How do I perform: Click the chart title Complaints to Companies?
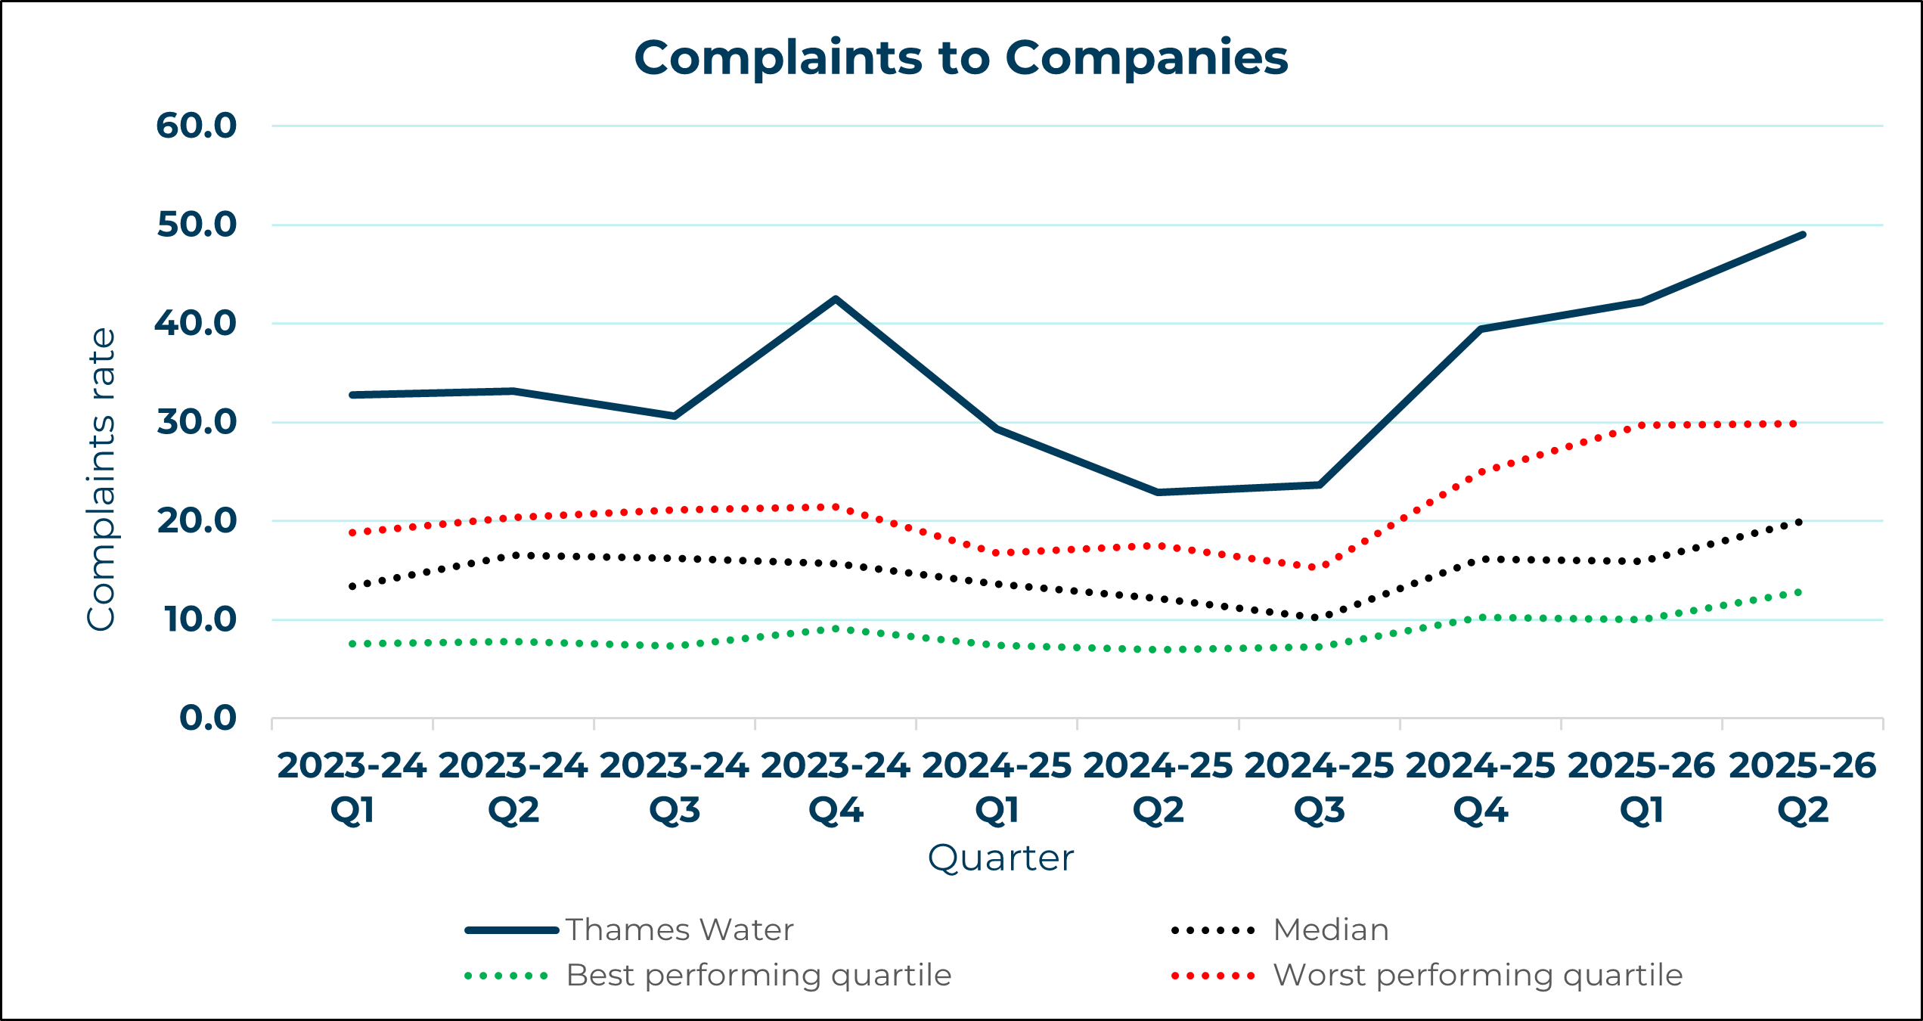pos(960,58)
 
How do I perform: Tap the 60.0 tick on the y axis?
pos(197,126)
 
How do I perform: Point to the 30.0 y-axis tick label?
pos(197,422)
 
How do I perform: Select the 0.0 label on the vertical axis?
pos(208,718)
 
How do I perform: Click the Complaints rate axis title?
pos(101,479)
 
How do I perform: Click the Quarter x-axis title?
pos(1000,858)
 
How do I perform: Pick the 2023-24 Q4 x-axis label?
pos(836,788)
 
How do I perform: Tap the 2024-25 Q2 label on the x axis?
pos(1158,788)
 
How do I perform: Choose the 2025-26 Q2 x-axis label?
pos(1803,788)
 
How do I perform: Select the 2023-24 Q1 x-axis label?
pos(352,788)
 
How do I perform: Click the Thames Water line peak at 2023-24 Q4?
pos(836,299)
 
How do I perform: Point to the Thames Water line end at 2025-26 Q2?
pos(1803,235)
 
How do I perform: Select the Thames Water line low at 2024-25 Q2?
pos(1158,492)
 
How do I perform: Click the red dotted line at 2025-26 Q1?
pos(1642,425)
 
